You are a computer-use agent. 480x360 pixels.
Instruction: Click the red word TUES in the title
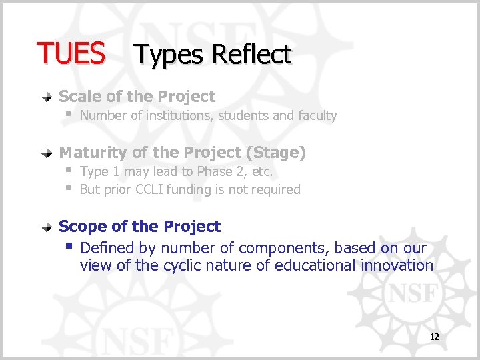click(71, 53)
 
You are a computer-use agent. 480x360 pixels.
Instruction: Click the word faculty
click(317, 115)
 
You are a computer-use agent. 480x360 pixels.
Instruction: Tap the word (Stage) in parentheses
click(275, 153)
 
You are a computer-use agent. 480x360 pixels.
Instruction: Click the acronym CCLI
click(153, 189)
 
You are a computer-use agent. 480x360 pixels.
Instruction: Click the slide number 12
click(434, 337)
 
